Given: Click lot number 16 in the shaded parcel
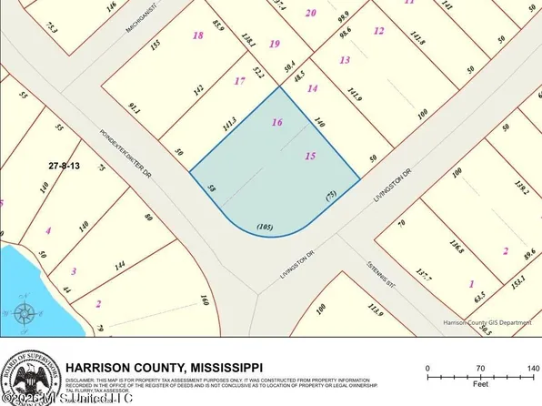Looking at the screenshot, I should [276, 121].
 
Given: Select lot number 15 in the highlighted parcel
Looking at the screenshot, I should [310, 157].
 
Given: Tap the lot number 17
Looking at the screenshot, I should [239, 81].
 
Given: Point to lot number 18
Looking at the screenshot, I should [198, 36].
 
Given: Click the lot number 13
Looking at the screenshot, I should [344, 60].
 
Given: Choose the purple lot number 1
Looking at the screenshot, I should [471, 284].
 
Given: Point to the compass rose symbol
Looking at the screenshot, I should [25, 316].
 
